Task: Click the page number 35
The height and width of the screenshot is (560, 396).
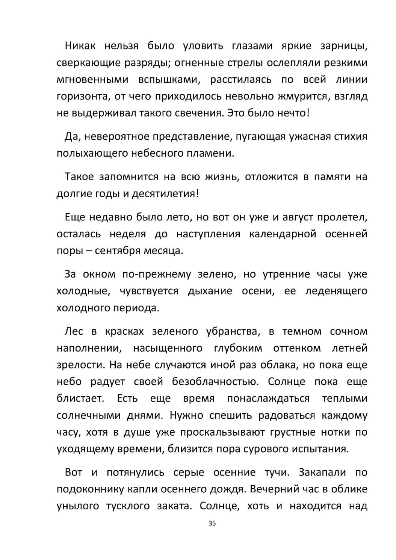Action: [x=212, y=524]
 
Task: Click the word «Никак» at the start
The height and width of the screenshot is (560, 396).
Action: [x=80, y=46]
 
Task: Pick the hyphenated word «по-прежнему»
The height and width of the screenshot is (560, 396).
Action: [x=157, y=275]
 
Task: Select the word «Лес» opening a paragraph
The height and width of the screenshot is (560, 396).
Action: [x=74, y=332]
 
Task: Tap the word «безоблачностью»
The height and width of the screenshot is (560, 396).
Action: [x=215, y=382]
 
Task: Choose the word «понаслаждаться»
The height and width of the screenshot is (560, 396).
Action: [x=268, y=399]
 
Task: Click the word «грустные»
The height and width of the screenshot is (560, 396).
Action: [x=293, y=432]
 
